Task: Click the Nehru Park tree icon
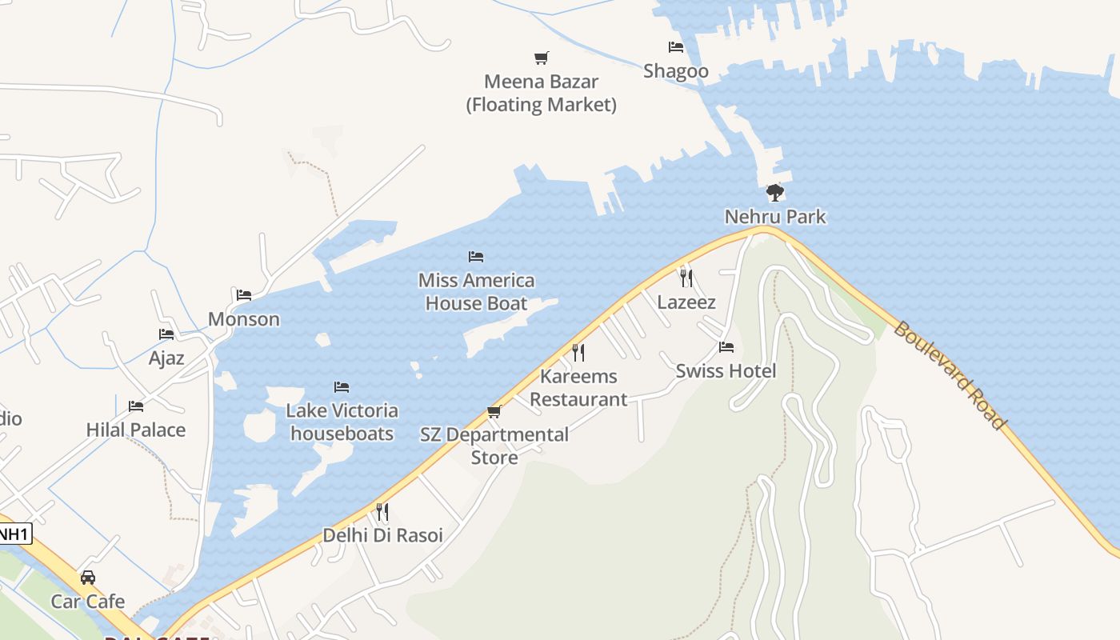774,192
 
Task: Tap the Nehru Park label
774,217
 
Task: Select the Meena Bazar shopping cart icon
542,58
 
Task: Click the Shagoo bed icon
676,47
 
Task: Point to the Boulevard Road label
949,375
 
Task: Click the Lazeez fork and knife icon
686,278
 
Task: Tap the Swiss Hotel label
726,371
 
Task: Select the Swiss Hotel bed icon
726,347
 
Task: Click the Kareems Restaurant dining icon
578,352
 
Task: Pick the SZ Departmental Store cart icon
494,412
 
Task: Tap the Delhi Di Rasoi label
382,535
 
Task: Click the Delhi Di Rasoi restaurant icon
382,511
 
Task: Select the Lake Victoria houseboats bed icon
342,387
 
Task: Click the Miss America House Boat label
476,292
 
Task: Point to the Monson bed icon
244,295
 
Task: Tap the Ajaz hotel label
166,358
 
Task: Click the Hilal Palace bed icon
136,406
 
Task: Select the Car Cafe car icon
88,578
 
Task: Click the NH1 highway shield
14,534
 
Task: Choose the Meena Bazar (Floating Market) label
542,93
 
